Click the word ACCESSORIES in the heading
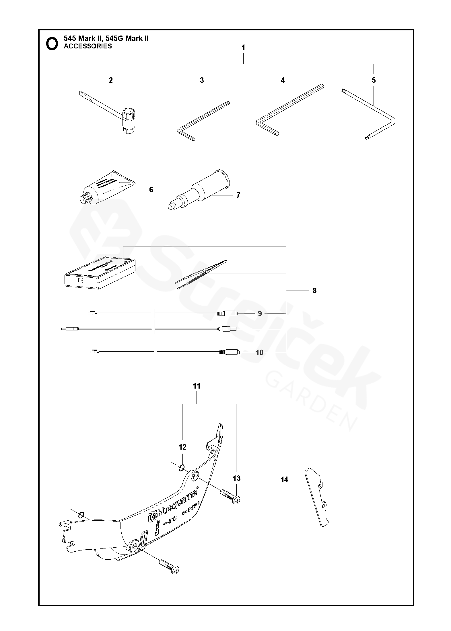(x=88, y=46)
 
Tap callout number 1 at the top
(x=243, y=48)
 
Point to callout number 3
(x=202, y=80)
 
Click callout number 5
(x=374, y=80)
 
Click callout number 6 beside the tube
(x=151, y=190)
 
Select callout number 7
(x=238, y=195)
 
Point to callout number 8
(x=315, y=291)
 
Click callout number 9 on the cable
(x=260, y=313)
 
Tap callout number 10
(x=259, y=352)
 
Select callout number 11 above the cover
(x=197, y=386)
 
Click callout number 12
(x=182, y=447)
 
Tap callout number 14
(x=284, y=479)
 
